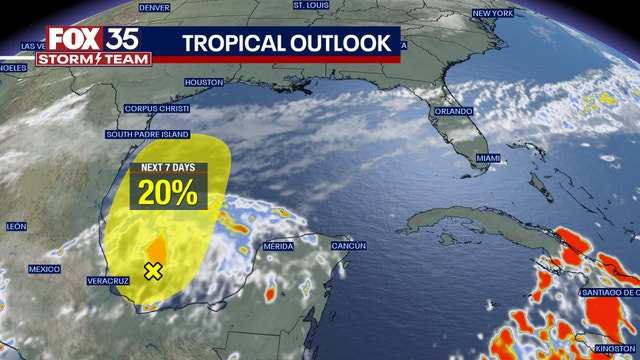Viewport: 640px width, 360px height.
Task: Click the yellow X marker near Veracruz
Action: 153,271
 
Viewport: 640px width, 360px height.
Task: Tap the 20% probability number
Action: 168,193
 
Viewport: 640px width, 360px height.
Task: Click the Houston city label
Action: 204,81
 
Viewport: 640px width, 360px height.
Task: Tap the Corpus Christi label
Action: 156,108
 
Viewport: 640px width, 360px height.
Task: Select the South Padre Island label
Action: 147,134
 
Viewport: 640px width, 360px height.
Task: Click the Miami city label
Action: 488,159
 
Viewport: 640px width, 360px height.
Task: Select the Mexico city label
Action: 44,269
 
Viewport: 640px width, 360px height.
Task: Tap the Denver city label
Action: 154,7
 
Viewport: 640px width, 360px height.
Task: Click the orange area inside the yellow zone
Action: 156,249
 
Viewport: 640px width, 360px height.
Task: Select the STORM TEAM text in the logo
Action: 94,59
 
